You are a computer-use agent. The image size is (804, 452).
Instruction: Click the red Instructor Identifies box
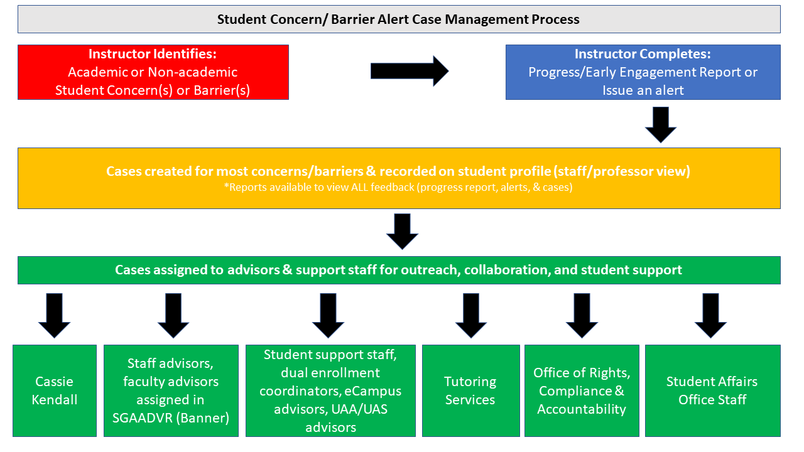click(153, 72)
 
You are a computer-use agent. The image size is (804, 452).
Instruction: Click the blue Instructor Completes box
click(643, 72)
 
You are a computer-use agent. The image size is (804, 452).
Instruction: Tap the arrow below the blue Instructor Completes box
click(660, 125)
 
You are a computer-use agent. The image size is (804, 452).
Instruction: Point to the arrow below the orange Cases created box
click(402, 232)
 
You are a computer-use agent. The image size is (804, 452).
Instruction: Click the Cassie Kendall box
click(55, 390)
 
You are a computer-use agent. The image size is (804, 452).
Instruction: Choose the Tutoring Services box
click(470, 390)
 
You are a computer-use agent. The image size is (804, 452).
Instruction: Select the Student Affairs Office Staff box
click(712, 390)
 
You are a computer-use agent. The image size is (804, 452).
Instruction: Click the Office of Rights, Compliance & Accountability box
click(582, 390)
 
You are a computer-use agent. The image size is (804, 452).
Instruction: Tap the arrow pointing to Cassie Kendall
click(54, 316)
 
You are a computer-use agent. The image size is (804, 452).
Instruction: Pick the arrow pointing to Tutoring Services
click(471, 316)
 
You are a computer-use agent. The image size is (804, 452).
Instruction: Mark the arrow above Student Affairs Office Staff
click(710, 316)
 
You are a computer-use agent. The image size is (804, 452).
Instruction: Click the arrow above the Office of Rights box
click(582, 316)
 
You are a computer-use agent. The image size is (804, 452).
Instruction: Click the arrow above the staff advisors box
click(173, 316)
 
